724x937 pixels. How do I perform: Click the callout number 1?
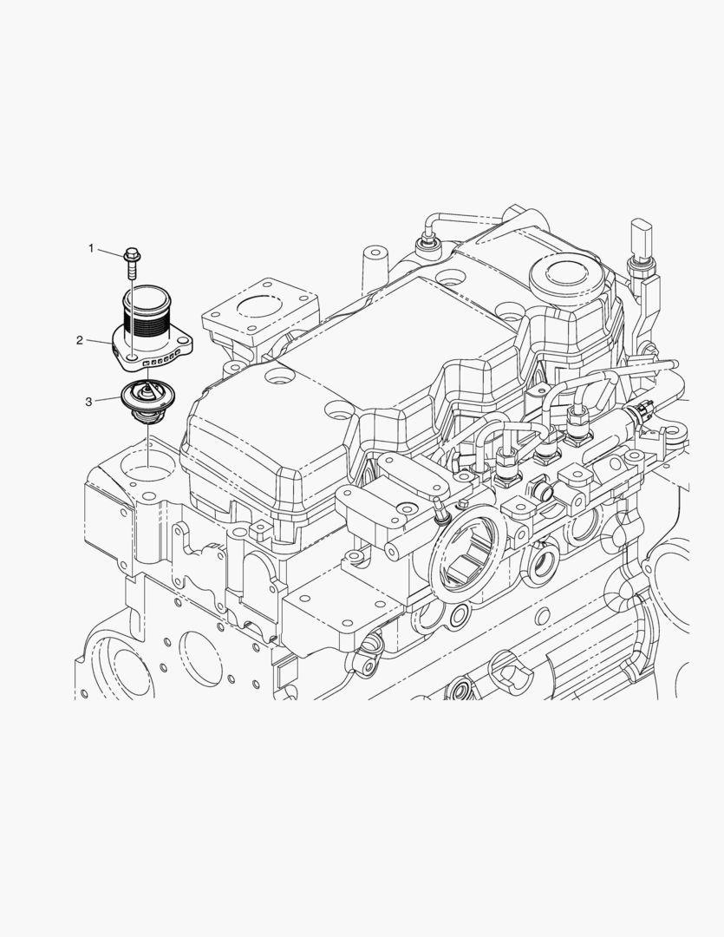tap(90, 248)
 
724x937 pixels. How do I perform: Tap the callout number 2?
tap(79, 340)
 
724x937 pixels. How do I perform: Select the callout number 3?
tap(88, 401)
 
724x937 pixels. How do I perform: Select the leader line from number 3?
tap(107, 400)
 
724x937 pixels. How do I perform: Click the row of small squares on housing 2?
tap(161, 355)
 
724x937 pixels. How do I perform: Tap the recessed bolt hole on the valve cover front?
tap(281, 378)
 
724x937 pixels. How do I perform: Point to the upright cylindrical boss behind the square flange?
tap(373, 265)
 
